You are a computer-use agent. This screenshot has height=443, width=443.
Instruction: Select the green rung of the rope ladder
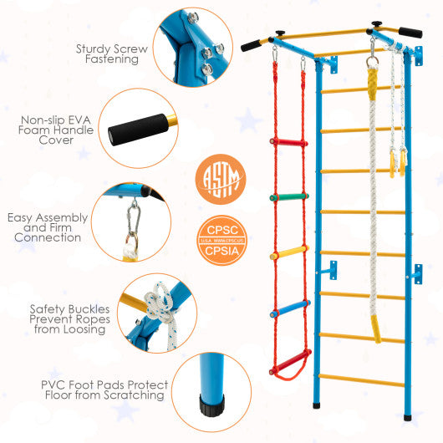point(285,197)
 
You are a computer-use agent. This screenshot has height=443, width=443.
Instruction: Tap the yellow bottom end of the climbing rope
point(376,334)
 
